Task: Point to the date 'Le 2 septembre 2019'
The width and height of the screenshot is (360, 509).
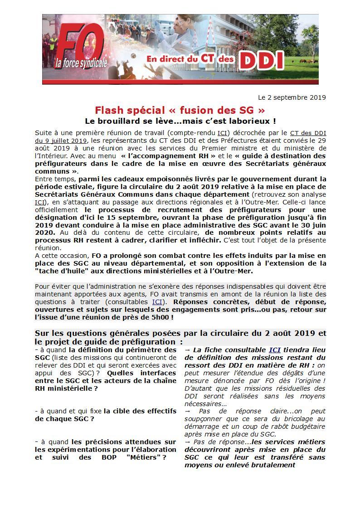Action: pos(292,97)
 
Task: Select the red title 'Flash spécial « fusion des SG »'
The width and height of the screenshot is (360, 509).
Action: pos(180,110)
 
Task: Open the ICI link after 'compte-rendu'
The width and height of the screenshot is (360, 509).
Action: pos(222,133)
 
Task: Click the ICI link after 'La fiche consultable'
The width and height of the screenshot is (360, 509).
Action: pos(274,350)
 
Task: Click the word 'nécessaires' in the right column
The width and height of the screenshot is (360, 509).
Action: pos(205,404)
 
